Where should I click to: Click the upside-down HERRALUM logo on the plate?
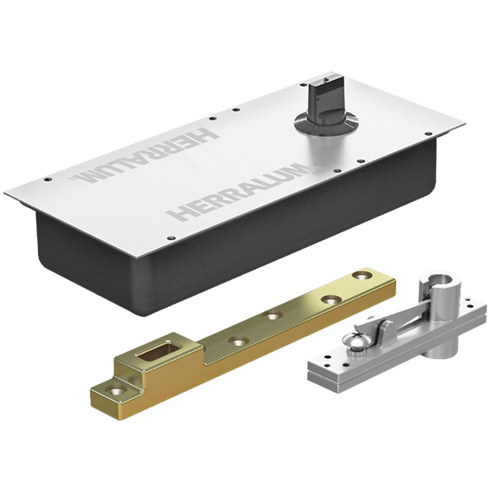point(144,155)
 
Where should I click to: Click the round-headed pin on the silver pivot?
point(354,342)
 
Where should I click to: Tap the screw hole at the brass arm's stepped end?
point(116,389)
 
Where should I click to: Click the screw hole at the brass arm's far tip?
point(363,276)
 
